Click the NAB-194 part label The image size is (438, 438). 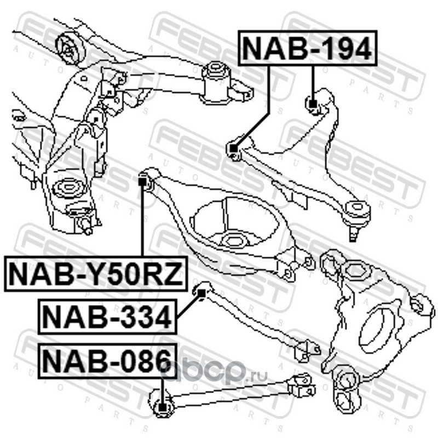coord(307,48)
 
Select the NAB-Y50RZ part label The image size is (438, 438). coord(95,273)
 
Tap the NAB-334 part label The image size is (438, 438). coord(107,316)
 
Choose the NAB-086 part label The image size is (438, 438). coord(107,361)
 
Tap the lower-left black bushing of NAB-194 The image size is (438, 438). coord(233,148)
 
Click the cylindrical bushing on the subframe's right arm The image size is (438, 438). coord(216,77)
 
